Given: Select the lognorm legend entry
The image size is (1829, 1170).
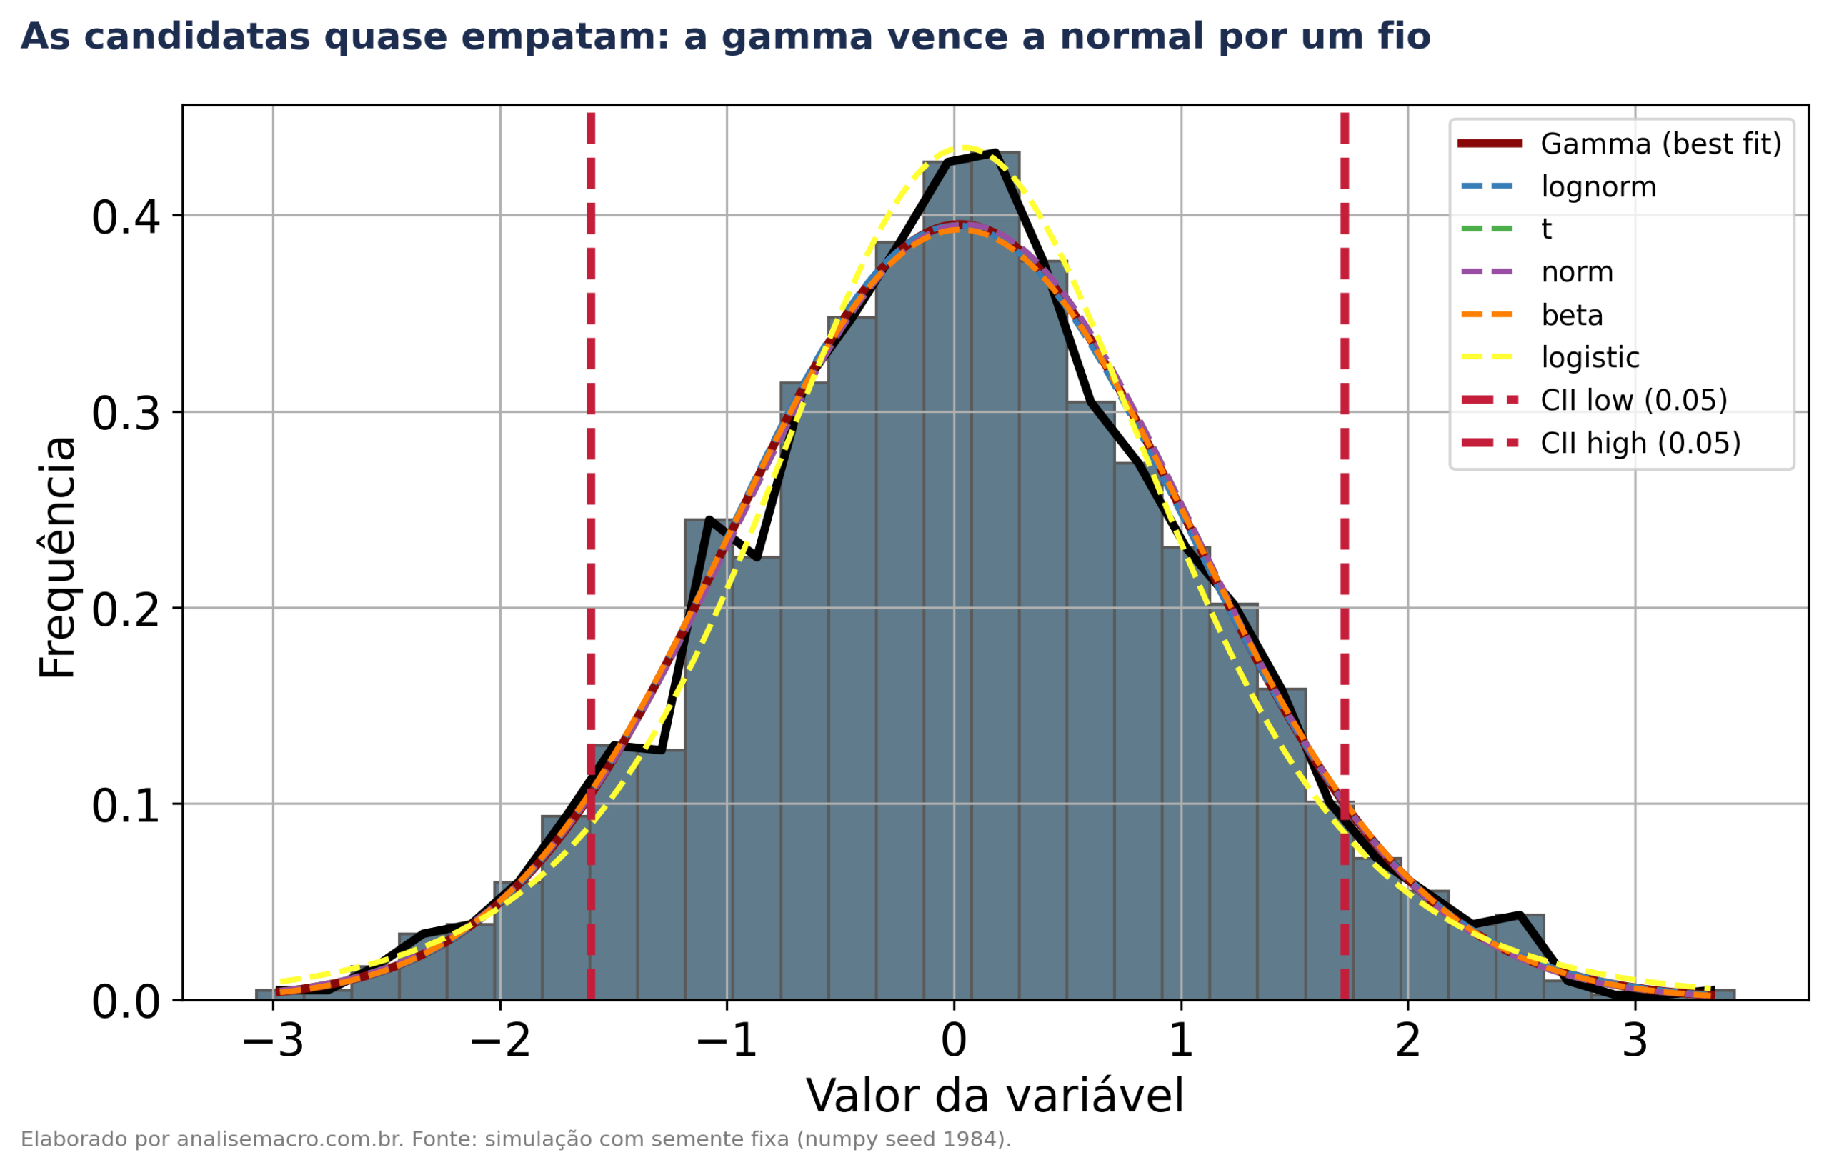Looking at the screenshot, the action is pos(1559,187).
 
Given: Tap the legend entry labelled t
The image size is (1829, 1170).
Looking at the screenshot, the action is pos(1506,229).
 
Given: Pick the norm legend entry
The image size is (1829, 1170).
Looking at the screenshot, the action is pos(1538,272).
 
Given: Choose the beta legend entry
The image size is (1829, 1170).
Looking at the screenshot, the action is pos(1532,315).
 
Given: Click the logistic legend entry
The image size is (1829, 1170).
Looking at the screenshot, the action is pos(1550,358).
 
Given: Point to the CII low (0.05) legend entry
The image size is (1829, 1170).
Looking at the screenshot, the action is pos(1593,401).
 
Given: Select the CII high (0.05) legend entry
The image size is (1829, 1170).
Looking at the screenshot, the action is pos(1600,443).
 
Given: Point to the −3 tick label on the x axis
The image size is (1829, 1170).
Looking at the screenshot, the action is pos(274,1041).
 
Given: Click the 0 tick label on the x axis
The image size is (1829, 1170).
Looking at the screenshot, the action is pos(954,1041).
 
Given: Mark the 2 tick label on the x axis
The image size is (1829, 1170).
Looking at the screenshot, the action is pos(1408,1041).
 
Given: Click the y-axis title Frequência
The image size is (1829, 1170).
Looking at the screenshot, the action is pos(58,557).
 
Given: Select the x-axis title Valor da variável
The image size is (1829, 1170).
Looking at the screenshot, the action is pos(995,1096).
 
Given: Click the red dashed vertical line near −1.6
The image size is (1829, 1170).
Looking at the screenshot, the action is pos(590,556).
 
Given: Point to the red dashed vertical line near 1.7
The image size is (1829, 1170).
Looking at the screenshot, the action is pos(1344,556).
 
